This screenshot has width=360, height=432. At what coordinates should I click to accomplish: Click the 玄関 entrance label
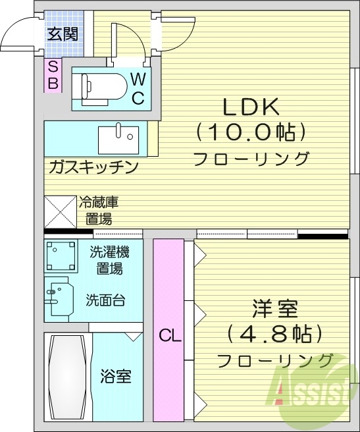pos(63,33)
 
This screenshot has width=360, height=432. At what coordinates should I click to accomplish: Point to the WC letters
pos(138,89)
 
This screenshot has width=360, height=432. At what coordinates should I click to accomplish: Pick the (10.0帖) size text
pos(251,132)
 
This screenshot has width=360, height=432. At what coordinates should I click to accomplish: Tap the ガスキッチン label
pos(93,167)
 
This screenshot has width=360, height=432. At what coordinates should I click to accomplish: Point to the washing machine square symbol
pos(61,256)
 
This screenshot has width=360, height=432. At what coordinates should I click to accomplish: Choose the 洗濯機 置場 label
pos(109,259)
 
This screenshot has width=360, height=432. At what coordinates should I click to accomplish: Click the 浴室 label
pos(116,377)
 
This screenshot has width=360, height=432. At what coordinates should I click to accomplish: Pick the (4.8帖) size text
pos(275,334)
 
